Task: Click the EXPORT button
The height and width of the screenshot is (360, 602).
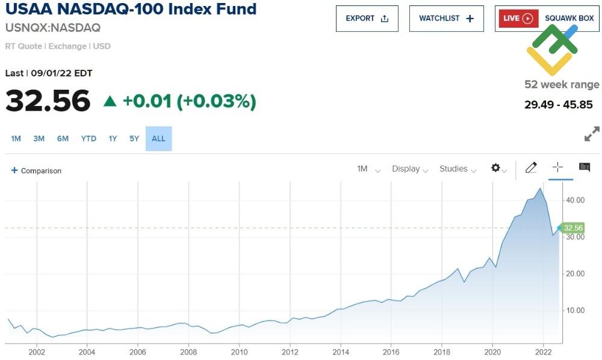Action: (x=367, y=19)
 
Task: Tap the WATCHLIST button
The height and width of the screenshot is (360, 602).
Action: (x=446, y=19)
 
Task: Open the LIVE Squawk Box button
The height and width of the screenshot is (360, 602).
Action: (x=547, y=19)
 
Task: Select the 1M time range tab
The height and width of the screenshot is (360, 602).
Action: (x=16, y=138)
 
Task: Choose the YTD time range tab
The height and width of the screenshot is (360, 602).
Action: (x=88, y=138)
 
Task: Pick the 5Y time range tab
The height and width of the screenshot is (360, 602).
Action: (x=134, y=138)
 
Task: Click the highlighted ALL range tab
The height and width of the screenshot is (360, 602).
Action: (x=158, y=138)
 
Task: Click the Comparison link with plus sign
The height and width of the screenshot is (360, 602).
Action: (x=36, y=171)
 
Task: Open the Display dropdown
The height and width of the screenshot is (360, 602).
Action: (x=409, y=169)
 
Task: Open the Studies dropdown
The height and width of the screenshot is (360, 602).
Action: (x=458, y=169)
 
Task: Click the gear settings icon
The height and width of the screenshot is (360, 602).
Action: (x=497, y=169)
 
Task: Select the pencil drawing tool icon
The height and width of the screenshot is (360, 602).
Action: (x=530, y=168)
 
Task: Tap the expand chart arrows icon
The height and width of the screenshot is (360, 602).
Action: (x=592, y=134)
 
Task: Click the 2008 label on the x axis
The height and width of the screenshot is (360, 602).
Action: (x=188, y=352)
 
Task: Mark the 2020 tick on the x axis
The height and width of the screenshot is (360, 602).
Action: (x=492, y=352)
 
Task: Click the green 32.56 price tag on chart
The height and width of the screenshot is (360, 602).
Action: (x=572, y=228)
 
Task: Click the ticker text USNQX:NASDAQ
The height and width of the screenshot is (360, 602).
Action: (x=53, y=28)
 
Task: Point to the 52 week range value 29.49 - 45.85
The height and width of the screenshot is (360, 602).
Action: (x=558, y=105)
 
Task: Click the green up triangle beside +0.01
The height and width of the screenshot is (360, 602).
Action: (x=110, y=101)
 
